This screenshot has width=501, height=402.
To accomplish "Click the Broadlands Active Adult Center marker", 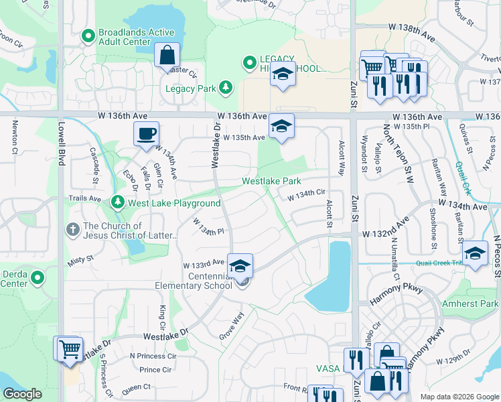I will point(87,36).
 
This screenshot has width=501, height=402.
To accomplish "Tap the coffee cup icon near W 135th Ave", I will point(145,133).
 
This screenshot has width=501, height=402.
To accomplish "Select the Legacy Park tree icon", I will point(226,87).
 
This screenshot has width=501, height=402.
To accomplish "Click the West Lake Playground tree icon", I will point(118,202).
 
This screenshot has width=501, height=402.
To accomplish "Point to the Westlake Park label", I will point(271,181).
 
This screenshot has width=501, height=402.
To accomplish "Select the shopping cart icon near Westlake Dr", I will point(68,348).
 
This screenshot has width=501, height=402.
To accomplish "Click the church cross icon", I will point(73,230).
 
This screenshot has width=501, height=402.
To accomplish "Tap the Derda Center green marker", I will point(38,277).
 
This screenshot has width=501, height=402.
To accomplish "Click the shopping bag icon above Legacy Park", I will point(167,55).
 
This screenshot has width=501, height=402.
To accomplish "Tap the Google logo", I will point(23,394).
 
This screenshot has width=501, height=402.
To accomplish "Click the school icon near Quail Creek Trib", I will point(475,253).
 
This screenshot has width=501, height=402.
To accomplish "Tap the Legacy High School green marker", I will point(250,64).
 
